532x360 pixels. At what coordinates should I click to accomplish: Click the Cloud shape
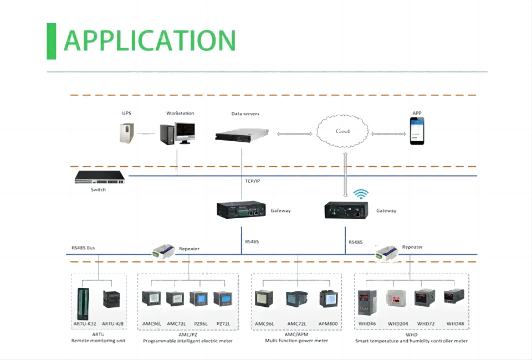click(342, 132)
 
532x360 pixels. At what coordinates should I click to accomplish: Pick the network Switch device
click(100, 178)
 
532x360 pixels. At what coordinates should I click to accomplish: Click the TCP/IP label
click(253, 181)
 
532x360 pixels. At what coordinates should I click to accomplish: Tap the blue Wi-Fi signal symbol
click(361, 194)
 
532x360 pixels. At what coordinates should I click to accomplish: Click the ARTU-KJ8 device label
click(112, 323)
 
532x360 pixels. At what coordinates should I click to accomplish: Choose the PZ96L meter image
click(198, 301)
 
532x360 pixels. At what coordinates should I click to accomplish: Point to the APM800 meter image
click(328, 300)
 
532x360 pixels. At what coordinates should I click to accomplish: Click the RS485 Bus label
click(83, 248)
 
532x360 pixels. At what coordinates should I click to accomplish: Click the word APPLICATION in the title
click(150, 40)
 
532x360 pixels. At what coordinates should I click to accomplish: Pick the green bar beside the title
click(52, 41)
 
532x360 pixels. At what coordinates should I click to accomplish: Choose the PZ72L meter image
click(223, 301)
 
